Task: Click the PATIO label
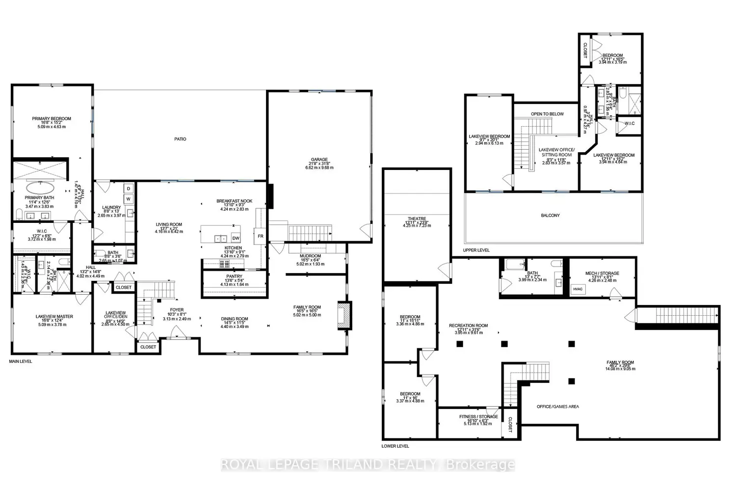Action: (180, 139)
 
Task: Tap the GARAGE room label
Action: (319, 160)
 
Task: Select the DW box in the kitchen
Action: (236, 238)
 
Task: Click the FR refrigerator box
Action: (261, 236)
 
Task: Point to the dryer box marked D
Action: (129, 189)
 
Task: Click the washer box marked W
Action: (129, 199)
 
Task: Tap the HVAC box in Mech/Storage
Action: (578, 289)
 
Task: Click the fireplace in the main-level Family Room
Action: (344, 315)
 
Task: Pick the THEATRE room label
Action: (417, 219)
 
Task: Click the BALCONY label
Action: (551, 216)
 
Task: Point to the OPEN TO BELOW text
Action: (547, 114)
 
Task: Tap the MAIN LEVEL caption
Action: (21, 361)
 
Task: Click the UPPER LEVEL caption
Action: (476, 250)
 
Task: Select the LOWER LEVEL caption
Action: (395, 446)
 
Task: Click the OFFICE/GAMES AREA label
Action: (557, 407)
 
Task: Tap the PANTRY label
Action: (235, 276)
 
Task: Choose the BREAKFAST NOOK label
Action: (234, 201)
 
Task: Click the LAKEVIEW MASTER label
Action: (54, 317)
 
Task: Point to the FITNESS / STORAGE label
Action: (478, 416)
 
